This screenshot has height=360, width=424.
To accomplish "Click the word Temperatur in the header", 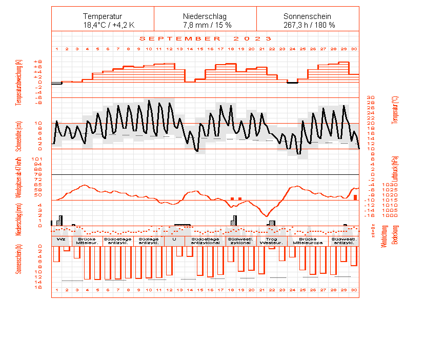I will (x=103, y=16).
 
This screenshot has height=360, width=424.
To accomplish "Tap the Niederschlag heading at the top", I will (x=205, y=16).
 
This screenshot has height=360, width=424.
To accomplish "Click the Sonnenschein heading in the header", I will (x=308, y=16).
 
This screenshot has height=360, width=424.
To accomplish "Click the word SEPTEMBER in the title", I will (x=180, y=38).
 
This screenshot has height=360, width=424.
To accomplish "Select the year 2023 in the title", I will (x=252, y=38).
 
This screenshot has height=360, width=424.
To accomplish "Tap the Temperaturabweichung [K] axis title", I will (x=19, y=82).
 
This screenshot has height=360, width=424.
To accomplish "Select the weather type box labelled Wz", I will (x=62, y=239).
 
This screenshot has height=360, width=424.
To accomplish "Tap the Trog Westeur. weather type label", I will (x=272, y=241).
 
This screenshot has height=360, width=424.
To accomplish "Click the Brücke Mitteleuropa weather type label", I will (x=308, y=241).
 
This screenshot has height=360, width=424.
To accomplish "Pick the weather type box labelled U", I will (x=174, y=239).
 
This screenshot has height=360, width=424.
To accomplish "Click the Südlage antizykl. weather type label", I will (x=149, y=241).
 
